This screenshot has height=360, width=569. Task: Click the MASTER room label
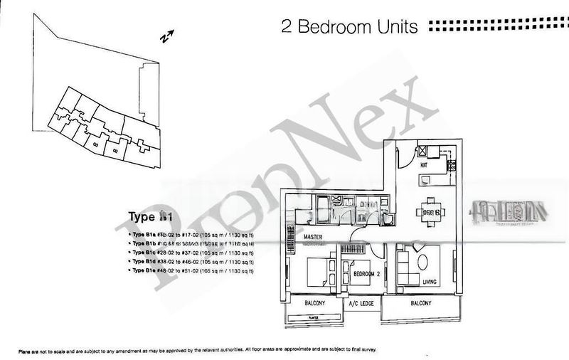[314, 236]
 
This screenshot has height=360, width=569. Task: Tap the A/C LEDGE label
[361, 303]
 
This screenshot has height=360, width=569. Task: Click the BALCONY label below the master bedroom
[314, 303]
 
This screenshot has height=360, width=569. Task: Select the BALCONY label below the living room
[421, 303]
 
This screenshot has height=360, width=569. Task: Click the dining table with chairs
[430, 211]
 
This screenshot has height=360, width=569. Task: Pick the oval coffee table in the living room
[422, 262]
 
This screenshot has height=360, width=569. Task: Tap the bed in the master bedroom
[318, 271]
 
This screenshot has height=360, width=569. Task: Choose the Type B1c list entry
[190, 253]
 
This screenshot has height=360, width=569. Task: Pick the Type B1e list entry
[190, 271]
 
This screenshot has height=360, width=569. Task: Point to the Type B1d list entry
[190, 262]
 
